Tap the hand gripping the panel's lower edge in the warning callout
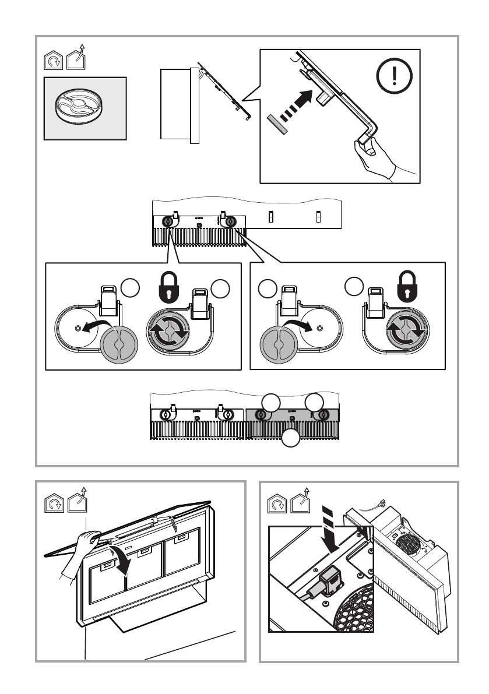click(x=379, y=157)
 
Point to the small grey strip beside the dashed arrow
click(x=277, y=124)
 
